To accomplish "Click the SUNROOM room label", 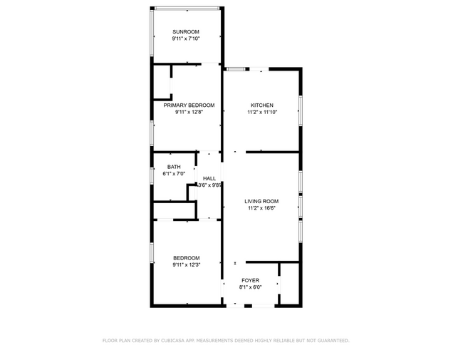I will coord(186,32).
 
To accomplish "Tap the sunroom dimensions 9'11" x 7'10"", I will coord(186,39).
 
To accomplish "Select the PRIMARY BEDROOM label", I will coord(189,105).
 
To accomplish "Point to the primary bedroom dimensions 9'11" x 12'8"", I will coord(189,112).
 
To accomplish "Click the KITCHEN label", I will coord(261,105).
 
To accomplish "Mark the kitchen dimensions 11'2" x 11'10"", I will coord(261,112).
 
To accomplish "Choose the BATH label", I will coord(174,166).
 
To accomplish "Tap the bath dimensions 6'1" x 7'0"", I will coord(174,173).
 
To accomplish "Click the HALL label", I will coord(209,178).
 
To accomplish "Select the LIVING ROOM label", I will coord(261,201).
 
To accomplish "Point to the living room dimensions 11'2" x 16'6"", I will coord(261,208).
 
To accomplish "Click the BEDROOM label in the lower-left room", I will coord(186,257).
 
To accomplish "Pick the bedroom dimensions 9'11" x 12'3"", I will coord(186,264).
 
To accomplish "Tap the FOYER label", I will coord(250,280).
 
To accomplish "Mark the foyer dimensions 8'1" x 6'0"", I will coord(250,287).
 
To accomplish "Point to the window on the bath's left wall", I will coord(152,175).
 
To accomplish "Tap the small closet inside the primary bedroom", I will coord(162,81).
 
